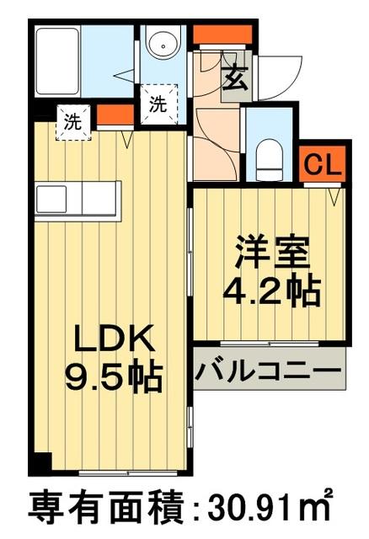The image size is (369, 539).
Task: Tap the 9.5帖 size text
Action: [x=113, y=376]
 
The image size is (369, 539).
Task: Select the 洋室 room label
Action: [x=270, y=251]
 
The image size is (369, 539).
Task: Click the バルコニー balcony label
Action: [x=268, y=371]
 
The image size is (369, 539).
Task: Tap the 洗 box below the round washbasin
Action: [x=158, y=104]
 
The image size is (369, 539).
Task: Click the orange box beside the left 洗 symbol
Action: [x=108, y=115]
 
